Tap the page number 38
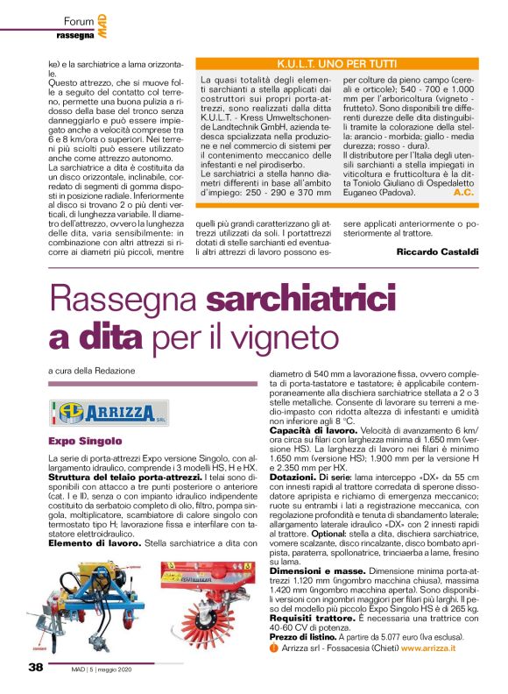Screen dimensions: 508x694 (35, 667)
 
